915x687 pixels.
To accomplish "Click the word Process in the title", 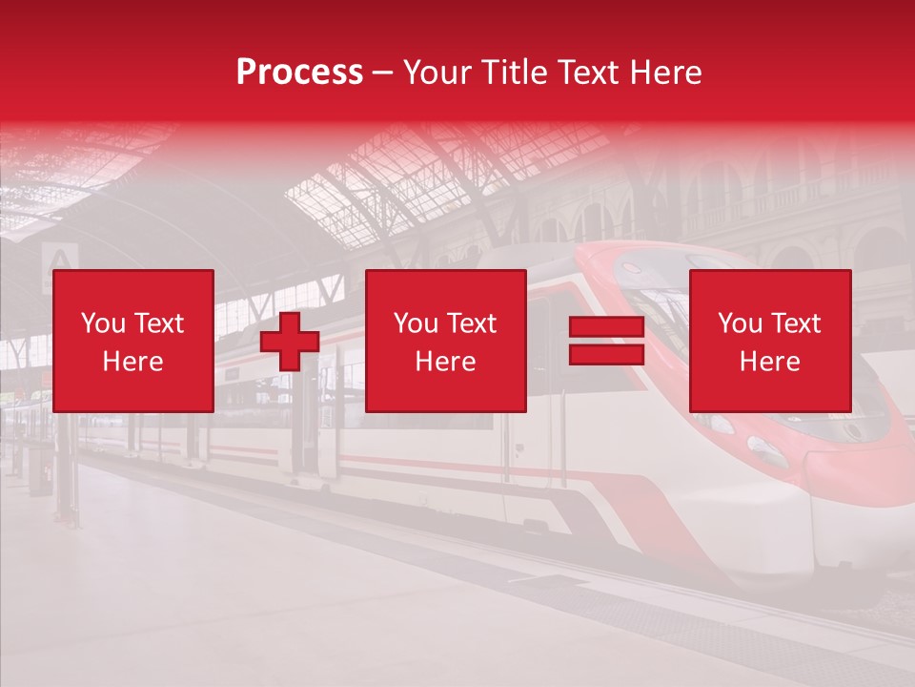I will [299, 73].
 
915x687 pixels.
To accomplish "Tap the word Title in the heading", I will [513, 73].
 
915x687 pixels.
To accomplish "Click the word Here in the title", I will [667, 73].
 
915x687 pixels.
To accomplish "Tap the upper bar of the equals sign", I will [606, 326].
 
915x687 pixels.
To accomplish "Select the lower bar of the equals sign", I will [606, 354].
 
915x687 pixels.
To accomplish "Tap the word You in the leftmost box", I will [103, 323].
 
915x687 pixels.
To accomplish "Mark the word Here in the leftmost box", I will [133, 362].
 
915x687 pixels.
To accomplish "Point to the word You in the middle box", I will [416, 323].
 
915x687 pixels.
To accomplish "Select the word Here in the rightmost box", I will [769, 362].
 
